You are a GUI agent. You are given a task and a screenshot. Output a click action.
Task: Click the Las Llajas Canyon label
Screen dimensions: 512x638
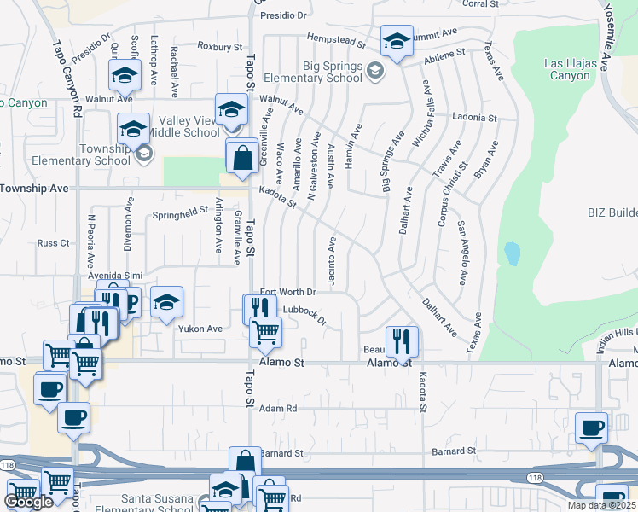[x=568, y=69]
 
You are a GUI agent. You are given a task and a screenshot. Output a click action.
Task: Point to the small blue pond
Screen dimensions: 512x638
[x=512, y=253]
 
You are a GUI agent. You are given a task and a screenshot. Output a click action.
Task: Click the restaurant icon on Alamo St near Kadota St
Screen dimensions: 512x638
[x=401, y=340]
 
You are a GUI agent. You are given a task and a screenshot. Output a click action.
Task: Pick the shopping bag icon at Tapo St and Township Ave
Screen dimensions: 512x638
[x=242, y=156]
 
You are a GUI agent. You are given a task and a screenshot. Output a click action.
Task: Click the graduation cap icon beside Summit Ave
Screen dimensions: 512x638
[x=396, y=41]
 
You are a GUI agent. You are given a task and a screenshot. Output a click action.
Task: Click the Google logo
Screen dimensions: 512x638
[x=28, y=502]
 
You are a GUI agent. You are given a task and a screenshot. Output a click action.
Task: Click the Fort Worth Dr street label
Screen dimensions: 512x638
[x=287, y=292]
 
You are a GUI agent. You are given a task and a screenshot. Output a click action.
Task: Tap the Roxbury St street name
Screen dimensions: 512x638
[x=220, y=46]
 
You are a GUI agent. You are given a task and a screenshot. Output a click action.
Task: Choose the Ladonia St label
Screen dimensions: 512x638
[x=475, y=117]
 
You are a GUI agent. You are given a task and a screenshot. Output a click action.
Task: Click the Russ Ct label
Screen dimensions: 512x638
[x=53, y=243]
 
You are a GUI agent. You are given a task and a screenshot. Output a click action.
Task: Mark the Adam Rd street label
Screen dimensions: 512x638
[x=278, y=409]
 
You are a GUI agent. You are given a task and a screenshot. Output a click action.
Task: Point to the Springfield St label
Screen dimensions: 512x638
[x=181, y=212]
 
